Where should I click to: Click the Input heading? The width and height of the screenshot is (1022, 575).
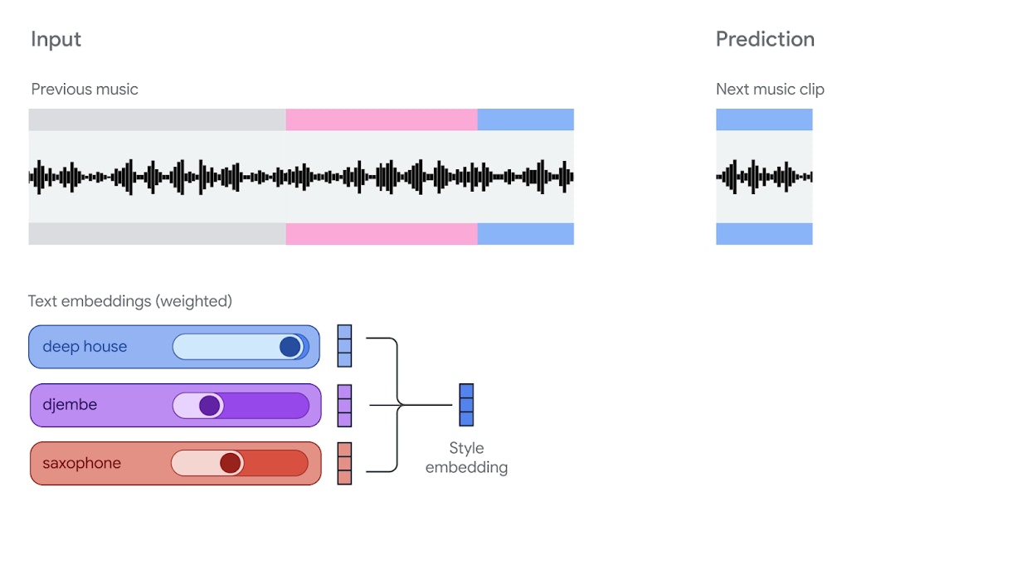pyautogui.click(x=56, y=39)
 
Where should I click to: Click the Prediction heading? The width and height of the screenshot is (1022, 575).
pyautogui.click(x=765, y=39)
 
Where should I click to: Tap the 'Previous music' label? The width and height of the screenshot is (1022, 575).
pyautogui.click(x=85, y=89)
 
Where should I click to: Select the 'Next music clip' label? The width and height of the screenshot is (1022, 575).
pyautogui.click(x=770, y=89)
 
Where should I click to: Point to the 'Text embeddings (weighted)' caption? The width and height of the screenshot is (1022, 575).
pyautogui.click(x=130, y=301)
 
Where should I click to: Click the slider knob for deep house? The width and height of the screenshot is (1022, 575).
pyautogui.click(x=290, y=347)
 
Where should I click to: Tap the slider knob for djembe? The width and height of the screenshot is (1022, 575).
pyautogui.click(x=210, y=406)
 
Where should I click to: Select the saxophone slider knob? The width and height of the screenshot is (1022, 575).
pyautogui.click(x=231, y=463)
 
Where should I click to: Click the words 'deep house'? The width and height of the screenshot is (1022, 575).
pyautogui.click(x=85, y=347)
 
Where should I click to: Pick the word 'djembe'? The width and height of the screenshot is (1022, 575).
pyautogui.click(x=70, y=405)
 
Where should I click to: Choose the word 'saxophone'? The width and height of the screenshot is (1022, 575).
pyautogui.click(x=81, y=463)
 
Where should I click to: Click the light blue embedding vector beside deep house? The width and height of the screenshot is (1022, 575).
pyautogui.click(x=344, y=346)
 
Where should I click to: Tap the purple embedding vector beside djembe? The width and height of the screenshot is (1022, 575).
pyautogui.click(x=344, y=405)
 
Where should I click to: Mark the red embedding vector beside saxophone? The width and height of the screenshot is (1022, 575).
pyautogui.click(x=344, y=463)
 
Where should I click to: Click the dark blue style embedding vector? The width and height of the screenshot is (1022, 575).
pyautogui.click(x=466, y=405)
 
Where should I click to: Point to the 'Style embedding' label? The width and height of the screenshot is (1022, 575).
pyautogui.click(x=466, y=457)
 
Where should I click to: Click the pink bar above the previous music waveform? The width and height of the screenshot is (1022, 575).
pyautogui.click(x=382, y=119)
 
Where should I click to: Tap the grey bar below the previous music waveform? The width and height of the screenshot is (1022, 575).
pyautogui.click(x=157, y=234)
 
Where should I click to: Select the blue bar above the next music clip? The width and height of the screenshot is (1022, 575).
pyautogui.click(x=764, y=119)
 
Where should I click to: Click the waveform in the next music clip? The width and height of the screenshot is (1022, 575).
pyautogui.click(x=764, y=177)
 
